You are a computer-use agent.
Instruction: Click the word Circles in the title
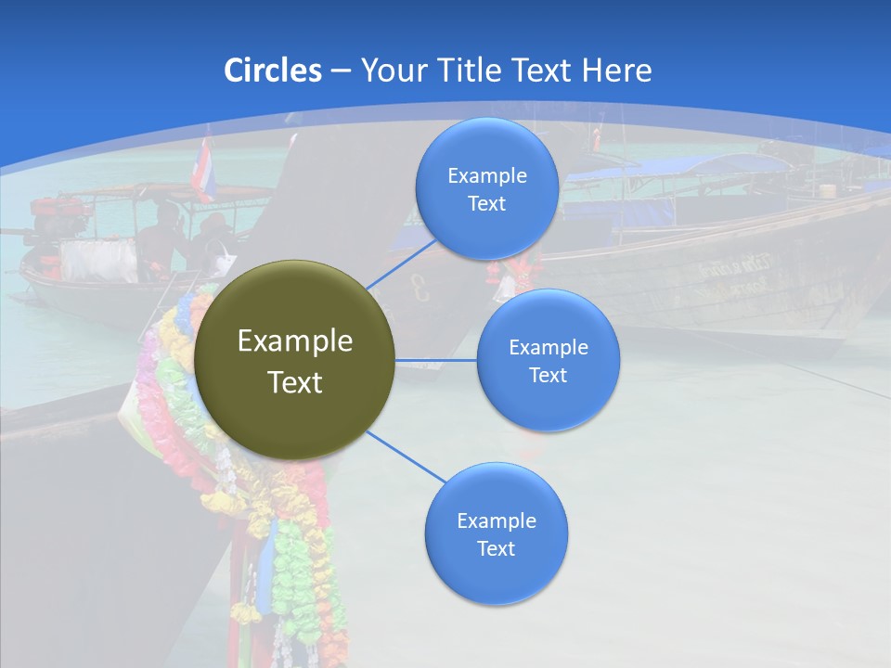click(272, 71)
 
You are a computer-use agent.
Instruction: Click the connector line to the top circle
click(401, 263)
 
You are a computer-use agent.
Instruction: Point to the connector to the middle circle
click(436, 360)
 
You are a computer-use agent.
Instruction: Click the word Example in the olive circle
click(295, 341)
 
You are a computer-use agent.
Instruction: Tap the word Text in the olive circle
click(295, 382)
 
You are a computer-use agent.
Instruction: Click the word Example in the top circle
click(487, 176)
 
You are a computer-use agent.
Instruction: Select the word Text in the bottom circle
click(496, 548)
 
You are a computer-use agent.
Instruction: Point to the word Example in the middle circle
click(549, 348)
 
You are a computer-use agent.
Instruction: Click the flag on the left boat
click(204, 171)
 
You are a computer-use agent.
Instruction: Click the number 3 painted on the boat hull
click(420, 290)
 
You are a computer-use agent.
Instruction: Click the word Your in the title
click(391, 71)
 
